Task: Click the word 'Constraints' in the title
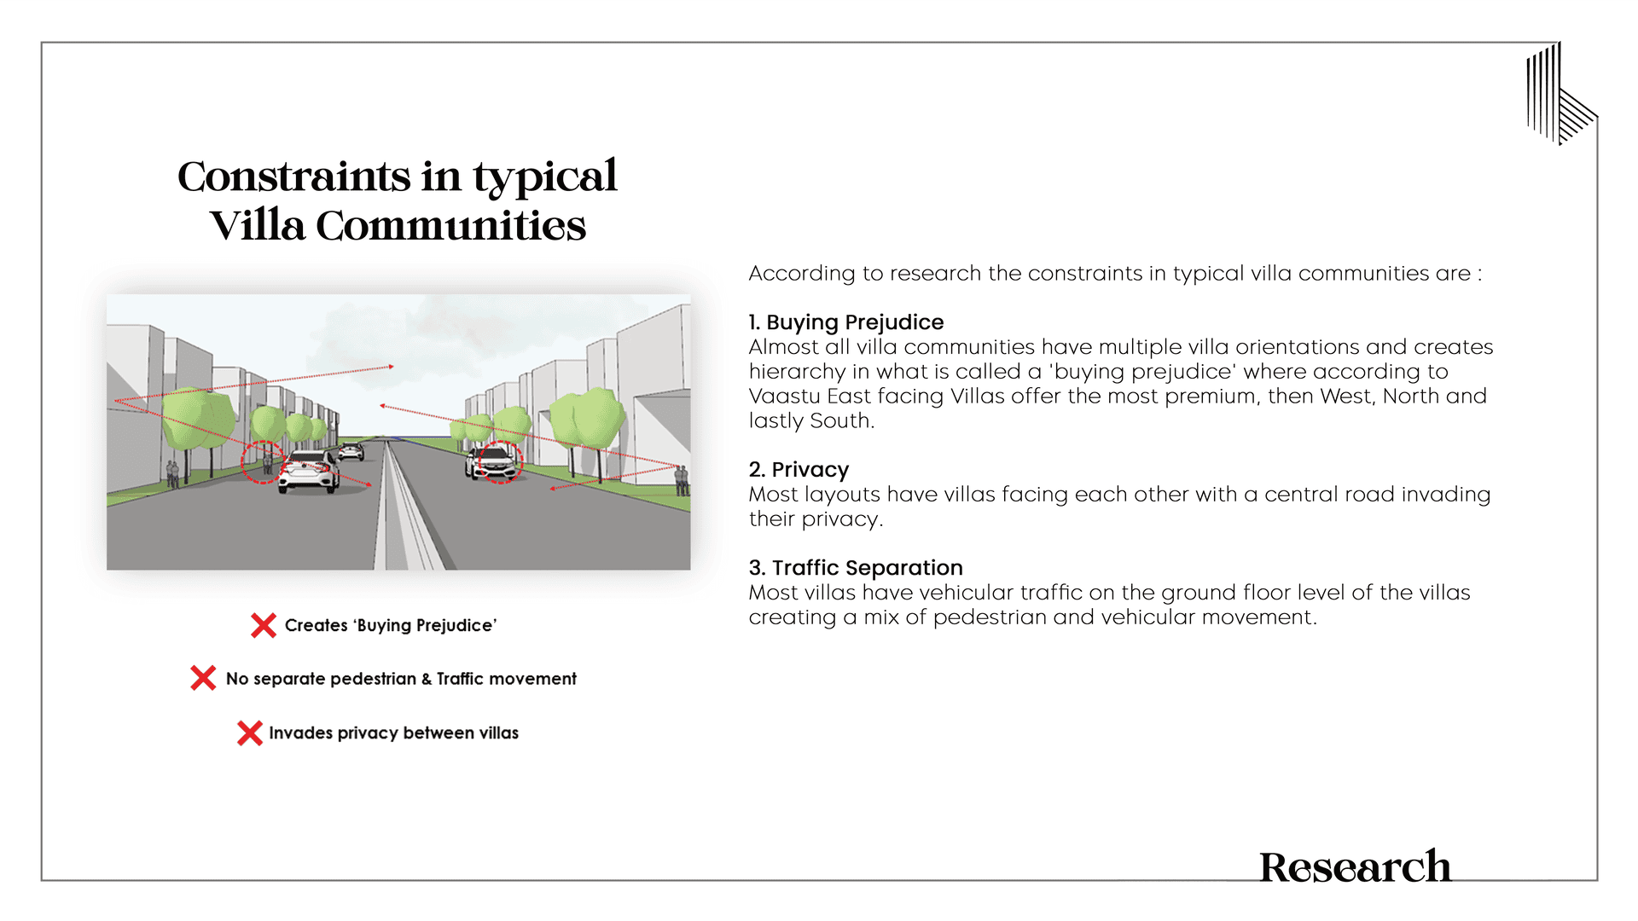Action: tap(294, 177)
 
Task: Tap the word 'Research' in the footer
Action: tap(1355, 867)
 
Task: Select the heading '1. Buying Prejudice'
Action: tap(845, 322)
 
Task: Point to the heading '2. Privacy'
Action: tap(799, 470)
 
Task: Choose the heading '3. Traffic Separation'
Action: tap(855, 568)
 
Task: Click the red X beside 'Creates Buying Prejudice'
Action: tap(264, 625)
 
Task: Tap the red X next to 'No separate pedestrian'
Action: tap(203, 679)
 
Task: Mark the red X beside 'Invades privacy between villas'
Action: tap(249, 733)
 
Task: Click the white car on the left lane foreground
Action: tap(308, 472)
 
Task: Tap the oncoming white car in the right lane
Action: tap(493, 463)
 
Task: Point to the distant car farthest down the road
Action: tap(351, 451)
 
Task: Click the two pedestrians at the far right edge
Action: tap(682, 480)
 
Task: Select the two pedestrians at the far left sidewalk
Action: tap(173, 473)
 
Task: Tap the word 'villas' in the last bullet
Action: tap(498, 733)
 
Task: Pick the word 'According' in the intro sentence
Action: tap(801, 274)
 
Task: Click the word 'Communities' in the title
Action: tap(450, 226)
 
